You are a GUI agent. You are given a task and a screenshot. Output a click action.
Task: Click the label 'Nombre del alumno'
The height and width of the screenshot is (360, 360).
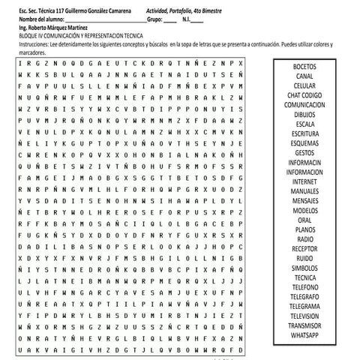(x=44, y=20)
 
